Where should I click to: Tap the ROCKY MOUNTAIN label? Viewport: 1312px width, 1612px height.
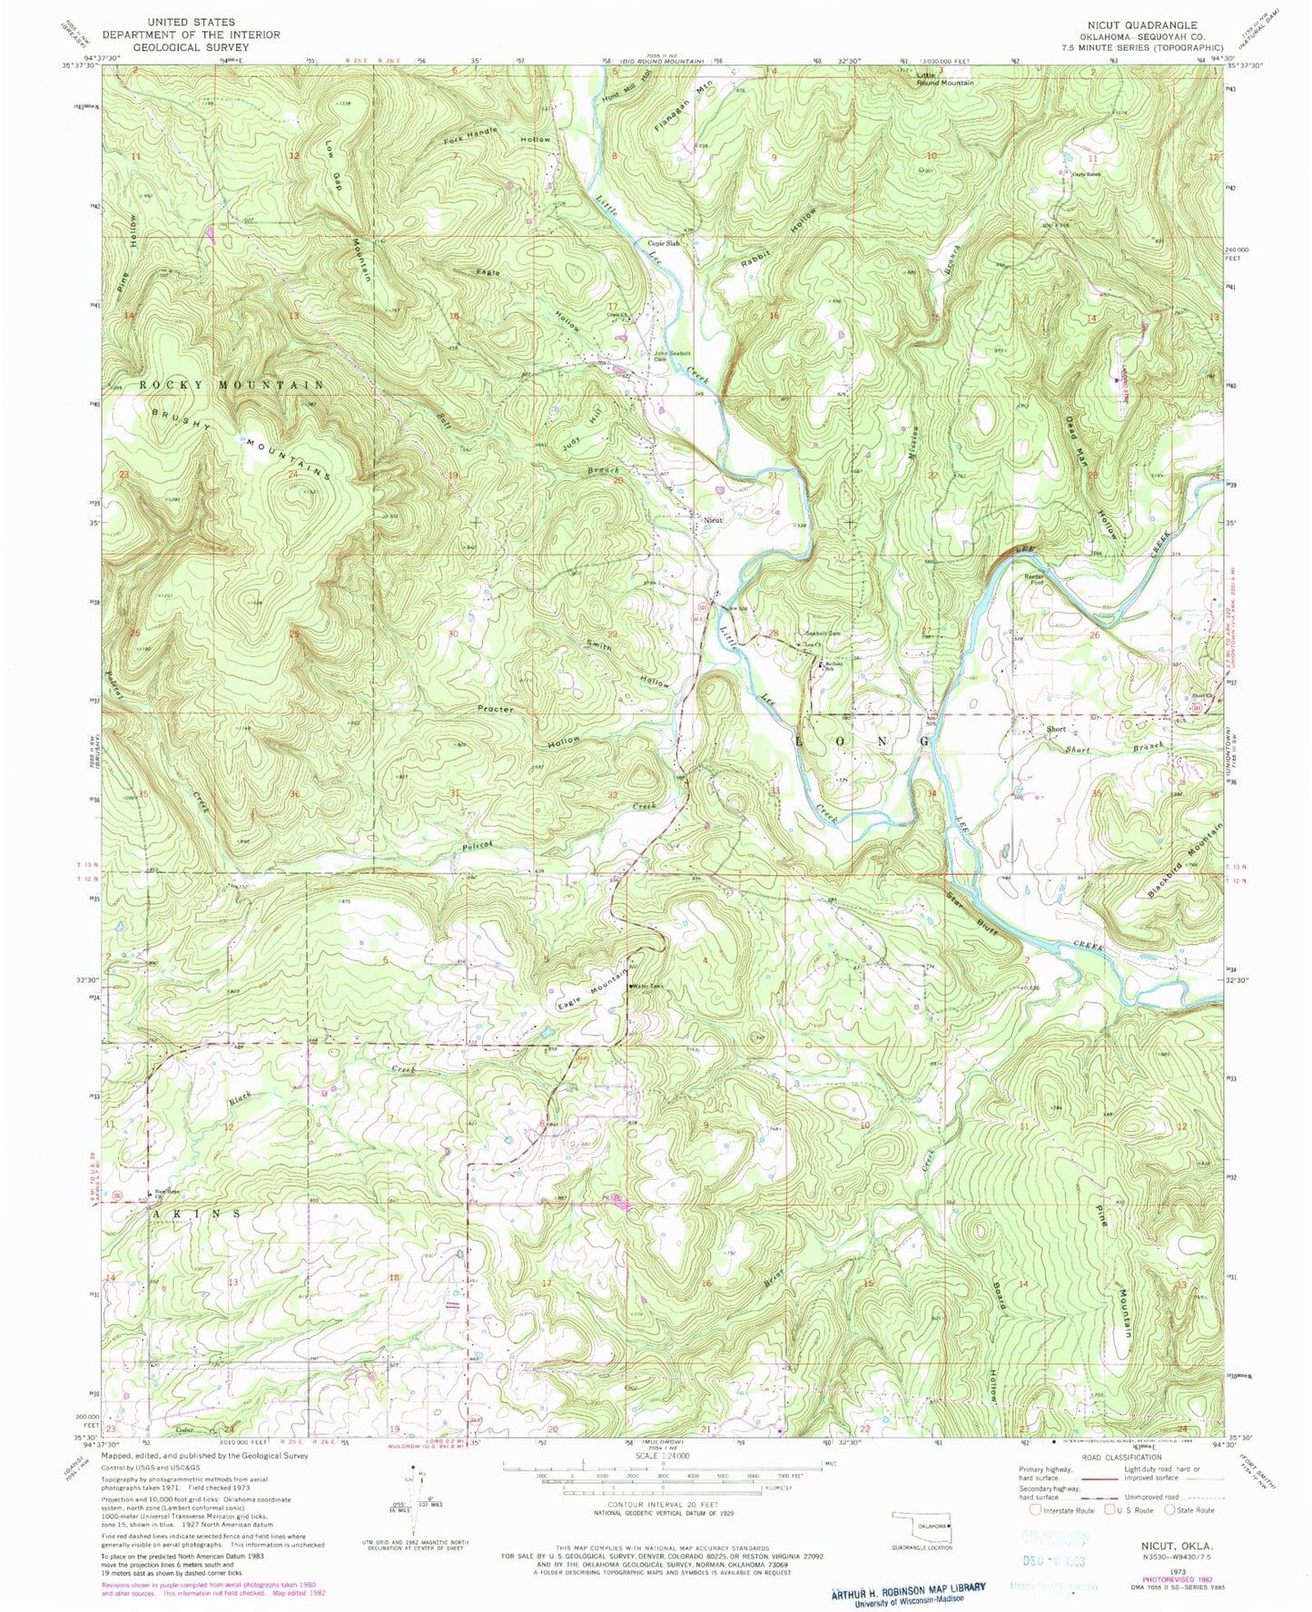coord(232,386)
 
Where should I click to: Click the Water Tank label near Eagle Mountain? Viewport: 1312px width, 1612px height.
coord(649,987)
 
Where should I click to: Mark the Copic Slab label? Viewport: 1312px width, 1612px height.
coord(664,243)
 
